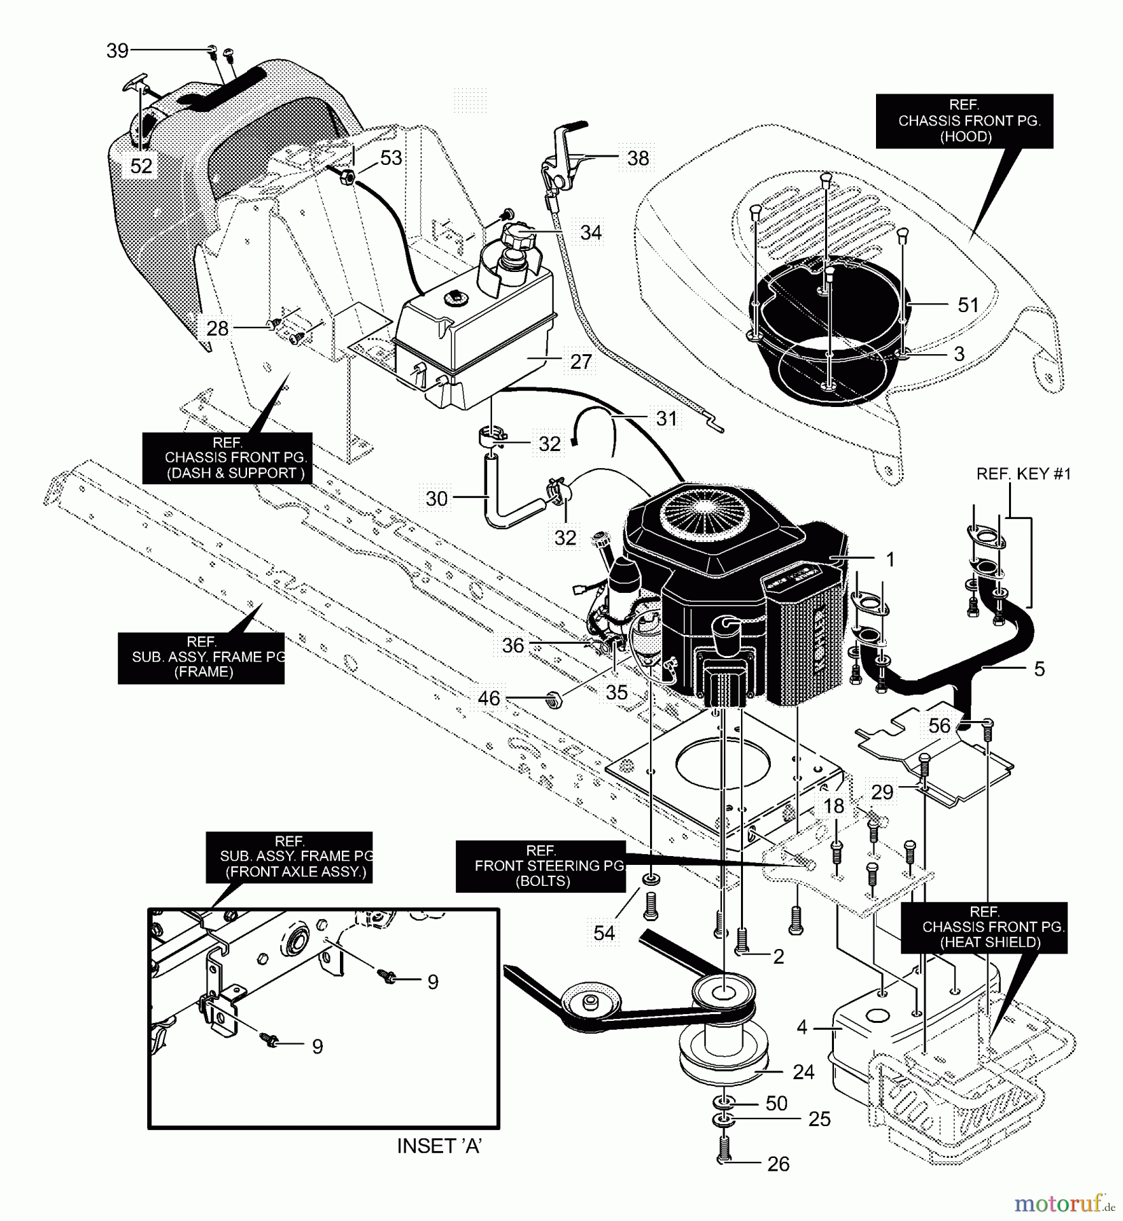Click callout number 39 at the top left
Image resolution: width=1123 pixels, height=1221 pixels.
point(117,50)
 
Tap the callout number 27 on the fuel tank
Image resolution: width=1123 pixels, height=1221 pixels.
point(581,362)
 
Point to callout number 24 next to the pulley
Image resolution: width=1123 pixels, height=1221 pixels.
point(803,1072)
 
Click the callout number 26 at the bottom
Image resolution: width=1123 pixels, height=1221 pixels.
point(778,1164)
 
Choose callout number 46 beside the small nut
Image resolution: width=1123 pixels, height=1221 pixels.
point(489,698)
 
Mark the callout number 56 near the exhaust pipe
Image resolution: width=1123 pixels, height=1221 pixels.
point(939,726)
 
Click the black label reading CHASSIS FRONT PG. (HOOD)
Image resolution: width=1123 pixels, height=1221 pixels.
point(964,121)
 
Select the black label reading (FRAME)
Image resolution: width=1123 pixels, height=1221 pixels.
point(201,657)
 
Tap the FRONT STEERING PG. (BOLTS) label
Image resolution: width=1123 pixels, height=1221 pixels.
point(540,866)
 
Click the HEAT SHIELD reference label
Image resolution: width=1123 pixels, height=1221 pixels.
point(984,927)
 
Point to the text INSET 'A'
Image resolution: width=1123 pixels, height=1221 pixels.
point(439,1146)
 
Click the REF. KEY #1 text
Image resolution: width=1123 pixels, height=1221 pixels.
point(1023,473)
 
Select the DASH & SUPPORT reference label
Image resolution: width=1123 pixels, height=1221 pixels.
point(227,458)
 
